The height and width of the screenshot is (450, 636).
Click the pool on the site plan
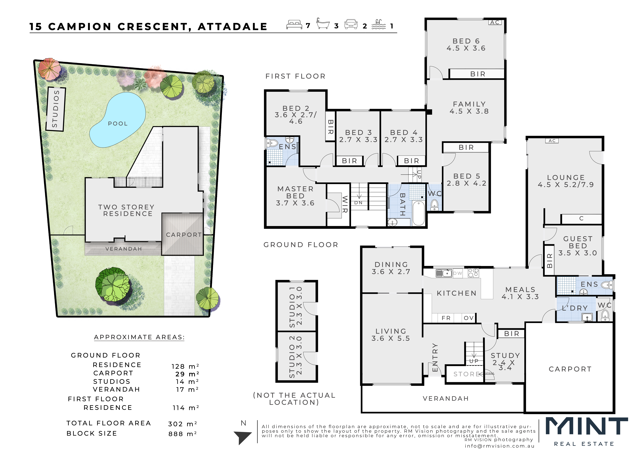click(x=117, y=120)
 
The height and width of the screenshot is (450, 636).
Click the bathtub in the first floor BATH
click(x=418, y=213)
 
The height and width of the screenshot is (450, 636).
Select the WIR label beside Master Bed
click(x=345, y=204)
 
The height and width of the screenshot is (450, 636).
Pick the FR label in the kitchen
click(x=446, y=318)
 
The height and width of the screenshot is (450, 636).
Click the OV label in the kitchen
click(x=469, y=318)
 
